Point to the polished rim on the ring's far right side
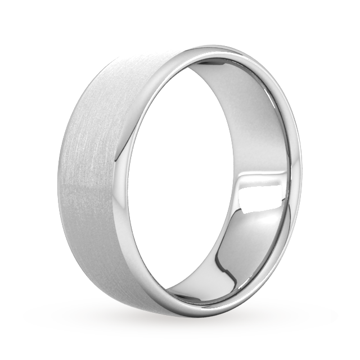click(298, 169)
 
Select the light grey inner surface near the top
click(225, 73)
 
